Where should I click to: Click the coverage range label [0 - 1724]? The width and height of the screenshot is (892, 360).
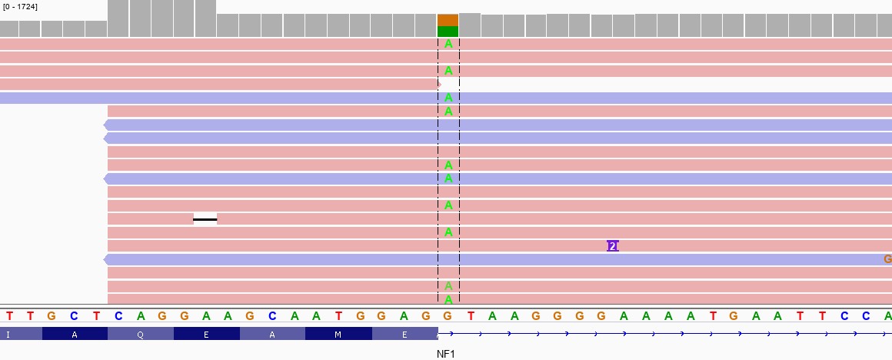click(20, 7)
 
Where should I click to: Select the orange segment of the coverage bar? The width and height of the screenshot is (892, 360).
click(448, 20)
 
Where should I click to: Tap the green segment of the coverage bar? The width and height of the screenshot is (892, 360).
click(448, 32)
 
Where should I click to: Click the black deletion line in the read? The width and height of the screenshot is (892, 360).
click(205, 219)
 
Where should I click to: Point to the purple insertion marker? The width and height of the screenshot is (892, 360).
click(612, 246)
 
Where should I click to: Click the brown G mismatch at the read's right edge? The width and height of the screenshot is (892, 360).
click(887, 259)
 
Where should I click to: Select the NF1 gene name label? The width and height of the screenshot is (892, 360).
click(446, 354)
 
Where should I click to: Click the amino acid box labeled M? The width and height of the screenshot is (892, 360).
click(338, 334)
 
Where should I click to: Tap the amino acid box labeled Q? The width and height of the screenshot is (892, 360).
click(141, 334)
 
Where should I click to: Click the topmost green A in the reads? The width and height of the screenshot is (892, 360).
click(448, 44)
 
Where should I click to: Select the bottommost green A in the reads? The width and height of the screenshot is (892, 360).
click(448, 299)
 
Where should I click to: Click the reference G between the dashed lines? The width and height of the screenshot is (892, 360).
click(448, 315)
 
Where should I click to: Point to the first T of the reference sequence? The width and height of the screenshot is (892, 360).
click(9, 315)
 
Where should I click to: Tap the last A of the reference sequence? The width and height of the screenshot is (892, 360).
click(887, 315)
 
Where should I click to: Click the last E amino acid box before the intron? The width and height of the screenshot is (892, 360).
click(404, 334)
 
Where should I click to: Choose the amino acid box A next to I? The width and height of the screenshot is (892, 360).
click(75, 334)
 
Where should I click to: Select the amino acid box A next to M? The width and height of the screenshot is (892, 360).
click(272, 334)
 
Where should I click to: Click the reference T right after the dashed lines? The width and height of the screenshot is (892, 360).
click(471, 315)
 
